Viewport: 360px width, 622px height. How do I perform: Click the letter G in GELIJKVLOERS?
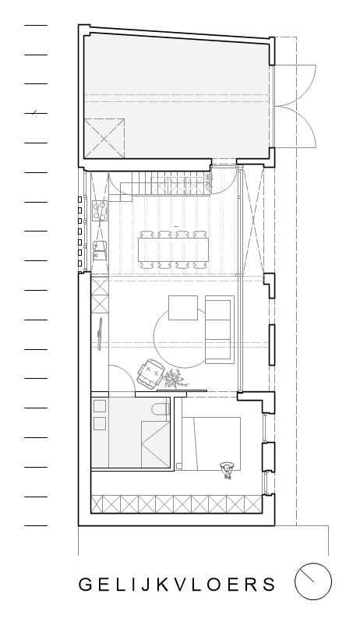[x=85, y=585]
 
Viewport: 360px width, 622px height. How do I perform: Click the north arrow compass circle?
[x=312, y=581]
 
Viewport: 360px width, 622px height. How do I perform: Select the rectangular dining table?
[x=173, y=249]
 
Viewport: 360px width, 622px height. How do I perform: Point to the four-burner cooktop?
[x=100, y=210]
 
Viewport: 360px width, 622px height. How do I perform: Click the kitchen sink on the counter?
[x=100, y=251]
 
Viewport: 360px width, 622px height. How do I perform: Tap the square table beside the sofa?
[x=183, y=307]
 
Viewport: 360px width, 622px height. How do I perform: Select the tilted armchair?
[x=150, y=373]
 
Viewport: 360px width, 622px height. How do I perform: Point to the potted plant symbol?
[x=174, y=379]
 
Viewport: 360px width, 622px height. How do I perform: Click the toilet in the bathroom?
[x=161, y=409]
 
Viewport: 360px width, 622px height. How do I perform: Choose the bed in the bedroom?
[x=211, y=444]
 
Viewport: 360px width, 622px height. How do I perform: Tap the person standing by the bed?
[x=227, y=470]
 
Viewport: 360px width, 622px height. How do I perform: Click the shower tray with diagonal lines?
[x=155, y=444]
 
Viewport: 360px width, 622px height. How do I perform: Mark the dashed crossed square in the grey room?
[x=104, y=139]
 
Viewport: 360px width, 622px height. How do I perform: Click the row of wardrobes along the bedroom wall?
[x=176, y=504]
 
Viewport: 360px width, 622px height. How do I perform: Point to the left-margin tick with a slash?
[x=36, y=113]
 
